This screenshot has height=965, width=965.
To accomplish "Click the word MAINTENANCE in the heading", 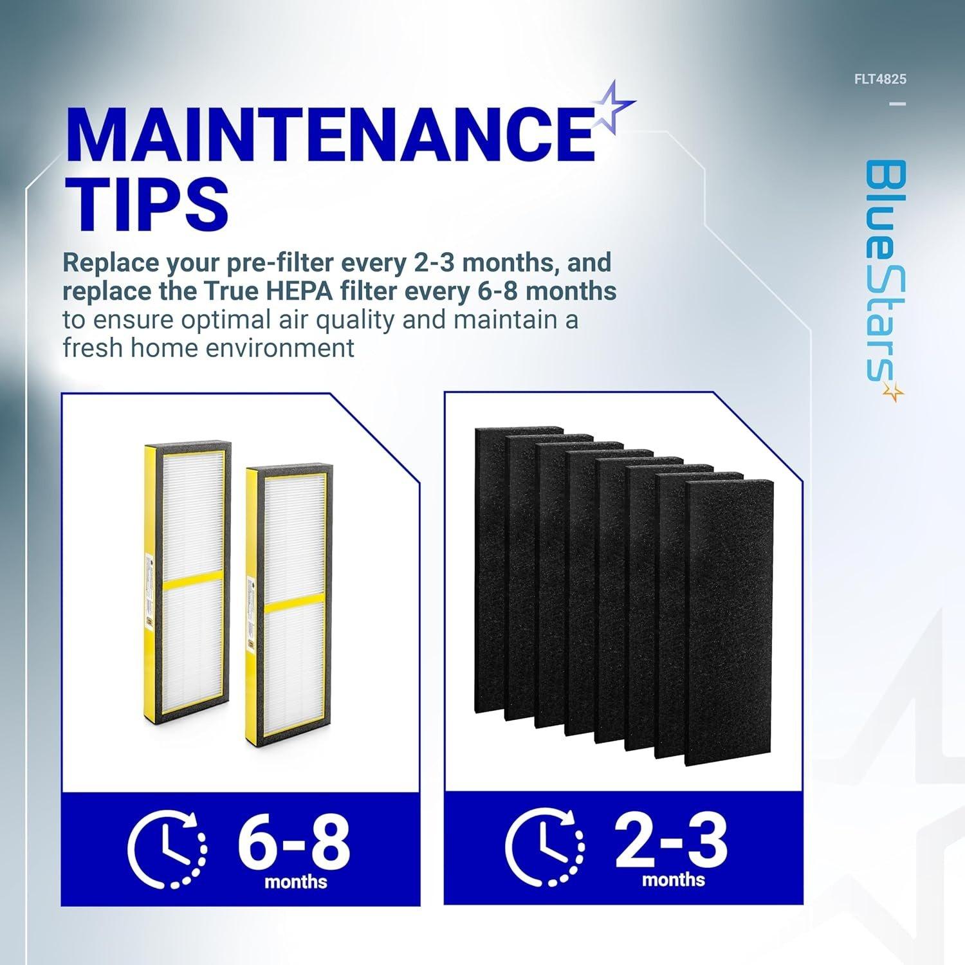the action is (x=330, y=134).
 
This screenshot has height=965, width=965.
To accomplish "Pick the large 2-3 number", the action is (x=672, y=838).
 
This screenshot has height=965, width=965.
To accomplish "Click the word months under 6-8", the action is (x=296, y=881).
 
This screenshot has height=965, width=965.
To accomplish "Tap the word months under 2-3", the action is (x=674, y=879).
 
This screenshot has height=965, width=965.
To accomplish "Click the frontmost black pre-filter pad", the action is (x=730, y=623).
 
